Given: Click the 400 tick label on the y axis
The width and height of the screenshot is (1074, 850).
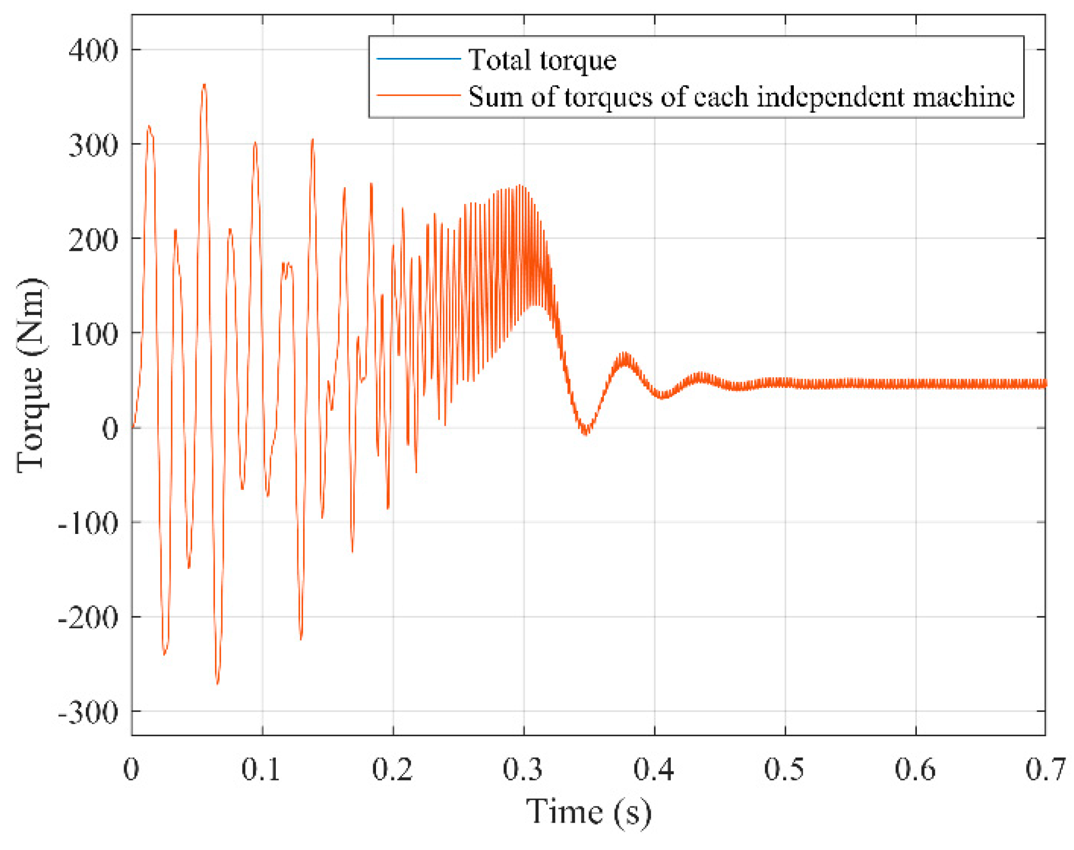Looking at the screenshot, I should (93, 51).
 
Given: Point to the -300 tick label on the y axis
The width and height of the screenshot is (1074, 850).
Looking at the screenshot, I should (88, 712).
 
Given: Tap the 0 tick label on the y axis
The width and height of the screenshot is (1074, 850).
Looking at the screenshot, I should (110, 429).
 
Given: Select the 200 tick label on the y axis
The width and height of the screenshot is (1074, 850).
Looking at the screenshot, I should (93, 240).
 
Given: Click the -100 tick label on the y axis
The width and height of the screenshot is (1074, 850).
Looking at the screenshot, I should (88, 523).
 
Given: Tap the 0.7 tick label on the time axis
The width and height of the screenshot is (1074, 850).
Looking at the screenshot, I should (1045, 770).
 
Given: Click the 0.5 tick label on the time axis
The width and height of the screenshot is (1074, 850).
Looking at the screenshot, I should (784, 770).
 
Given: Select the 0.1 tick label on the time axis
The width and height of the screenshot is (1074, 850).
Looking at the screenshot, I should (261, 770).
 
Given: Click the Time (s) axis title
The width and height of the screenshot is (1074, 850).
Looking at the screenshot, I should (588, 812).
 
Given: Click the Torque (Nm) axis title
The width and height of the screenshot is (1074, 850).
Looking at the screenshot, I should (31, 375).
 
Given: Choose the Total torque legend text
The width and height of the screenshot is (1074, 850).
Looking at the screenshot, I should (542, 60).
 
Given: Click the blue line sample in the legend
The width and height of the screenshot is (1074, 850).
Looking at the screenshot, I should (418, 59).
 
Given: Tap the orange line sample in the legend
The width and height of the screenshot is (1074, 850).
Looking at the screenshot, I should (418, 96).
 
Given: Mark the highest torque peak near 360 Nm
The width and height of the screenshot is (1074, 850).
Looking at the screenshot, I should (204, 86).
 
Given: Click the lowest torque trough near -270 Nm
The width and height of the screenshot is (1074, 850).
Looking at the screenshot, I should (217, 683).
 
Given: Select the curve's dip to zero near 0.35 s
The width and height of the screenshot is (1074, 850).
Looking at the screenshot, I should (585, 433).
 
